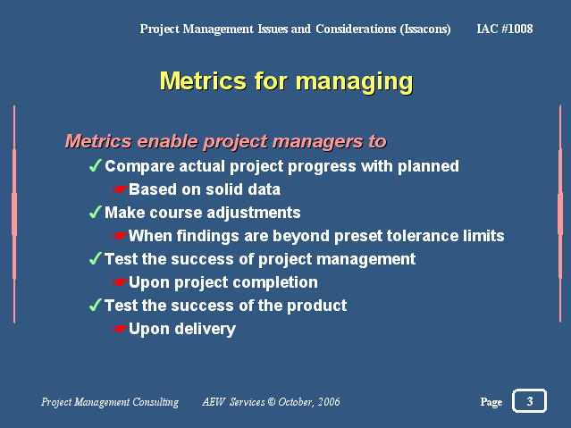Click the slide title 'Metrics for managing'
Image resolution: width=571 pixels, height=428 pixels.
(286, 81)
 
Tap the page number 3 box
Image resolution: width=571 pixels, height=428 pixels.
(529, 401)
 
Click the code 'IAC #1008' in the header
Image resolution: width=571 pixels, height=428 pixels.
(505, 29)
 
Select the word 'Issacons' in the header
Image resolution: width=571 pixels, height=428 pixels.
(425, 29)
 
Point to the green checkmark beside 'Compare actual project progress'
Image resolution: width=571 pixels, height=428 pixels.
(95, 165)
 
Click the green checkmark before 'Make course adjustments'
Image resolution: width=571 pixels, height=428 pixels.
(95, 212)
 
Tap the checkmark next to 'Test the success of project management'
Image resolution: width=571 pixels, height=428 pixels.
(95, 258)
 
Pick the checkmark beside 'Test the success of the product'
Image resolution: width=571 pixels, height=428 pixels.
(95, 305)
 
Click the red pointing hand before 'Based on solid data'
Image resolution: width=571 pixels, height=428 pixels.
(120, 189)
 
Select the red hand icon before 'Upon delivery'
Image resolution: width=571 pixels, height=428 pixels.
(120, 329)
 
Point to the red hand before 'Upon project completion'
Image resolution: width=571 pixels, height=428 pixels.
(120, 282)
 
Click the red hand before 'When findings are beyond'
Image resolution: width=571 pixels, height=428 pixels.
(120, 236)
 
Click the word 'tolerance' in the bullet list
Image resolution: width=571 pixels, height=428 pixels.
(422, 236)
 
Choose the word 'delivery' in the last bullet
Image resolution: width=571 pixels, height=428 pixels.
(205, 330)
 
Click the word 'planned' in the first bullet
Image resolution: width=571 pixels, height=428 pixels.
(428, 166)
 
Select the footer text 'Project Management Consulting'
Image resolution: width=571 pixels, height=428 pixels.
(110, 402)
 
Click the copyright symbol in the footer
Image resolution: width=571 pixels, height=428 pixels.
(272, 402)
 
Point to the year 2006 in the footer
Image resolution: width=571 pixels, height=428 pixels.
(329, 402)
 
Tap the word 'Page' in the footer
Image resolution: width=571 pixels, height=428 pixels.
(491, 402)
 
